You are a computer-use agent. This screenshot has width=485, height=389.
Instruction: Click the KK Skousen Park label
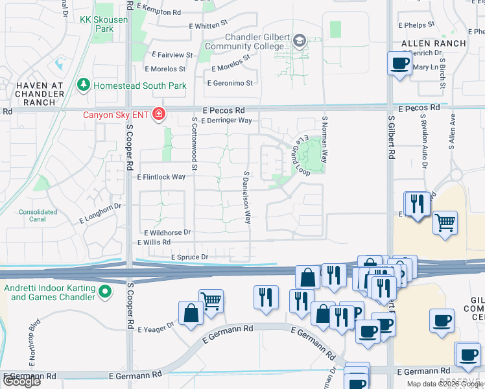pyautogui.click(x=104, y=24)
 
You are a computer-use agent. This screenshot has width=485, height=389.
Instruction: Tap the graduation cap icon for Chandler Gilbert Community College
pyautogui.click(x=299, y=41)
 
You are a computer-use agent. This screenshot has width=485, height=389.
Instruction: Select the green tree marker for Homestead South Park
pyautogui.click(x=83, y=85)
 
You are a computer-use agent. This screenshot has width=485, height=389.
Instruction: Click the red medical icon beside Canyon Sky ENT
pyautogui.click(x=158, y=115)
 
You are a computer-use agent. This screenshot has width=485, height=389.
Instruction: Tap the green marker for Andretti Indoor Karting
pyautogui.click(x=104, y=293)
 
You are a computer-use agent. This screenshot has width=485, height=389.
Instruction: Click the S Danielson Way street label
pyautogui.click(x=247, y=198)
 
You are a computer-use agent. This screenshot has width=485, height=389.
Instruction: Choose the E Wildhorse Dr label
pyautogui.click(x=167, y=232)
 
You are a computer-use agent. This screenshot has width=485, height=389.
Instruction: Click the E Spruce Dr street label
pyautogui.click(x=189, y=257)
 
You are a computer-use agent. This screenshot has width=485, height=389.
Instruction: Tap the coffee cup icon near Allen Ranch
pyautogui.click(x=399, y=64)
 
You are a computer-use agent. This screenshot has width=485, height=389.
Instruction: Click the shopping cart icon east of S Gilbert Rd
pyautogui.click(x=445, y=223)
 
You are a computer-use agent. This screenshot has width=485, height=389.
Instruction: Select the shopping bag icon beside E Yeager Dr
pyautogui.click(x=191, y=314)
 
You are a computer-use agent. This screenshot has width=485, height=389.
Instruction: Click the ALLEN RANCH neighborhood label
pyautogui.click(x=434, y=43)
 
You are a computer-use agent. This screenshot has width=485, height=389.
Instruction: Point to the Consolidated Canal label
pyautogui.click(x=38, y=216)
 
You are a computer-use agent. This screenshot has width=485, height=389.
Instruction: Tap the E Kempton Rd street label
pyautogui.click(x=159, y=12)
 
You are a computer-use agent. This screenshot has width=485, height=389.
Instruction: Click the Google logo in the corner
pyautogui.click(x=21, y=381)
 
